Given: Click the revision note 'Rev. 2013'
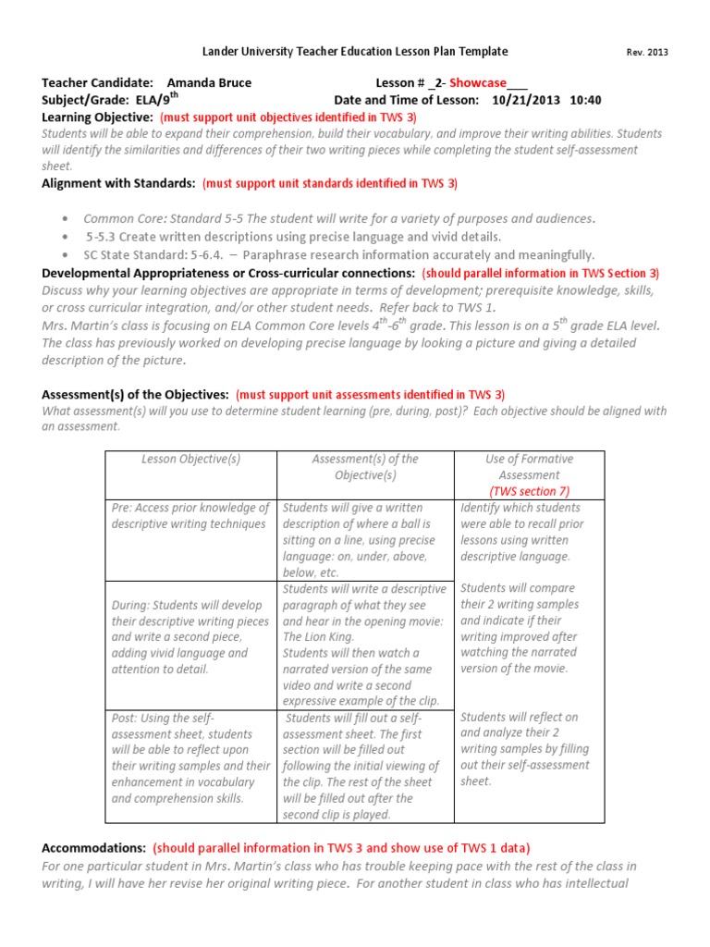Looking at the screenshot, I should pyautogui.click(x=646, y=53).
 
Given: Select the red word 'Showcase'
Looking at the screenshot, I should pyautogui.click(x=477, y=82).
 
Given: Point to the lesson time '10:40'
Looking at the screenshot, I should pyautogui.click(x=586, y=100).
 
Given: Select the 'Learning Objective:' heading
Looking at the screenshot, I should pyautogui.click(x=97, y=117).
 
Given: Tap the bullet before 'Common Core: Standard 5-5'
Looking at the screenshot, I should pyautogui.click(x=64, y=219).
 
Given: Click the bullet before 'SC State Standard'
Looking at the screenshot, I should pyautogui.click(x=64, y=255).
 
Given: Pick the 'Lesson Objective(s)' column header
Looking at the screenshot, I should pyautogui.click(x=190, y=459).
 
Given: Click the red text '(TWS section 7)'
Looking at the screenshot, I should pyautogui.click(x=530, y=491).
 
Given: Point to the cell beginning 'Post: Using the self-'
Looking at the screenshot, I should pyautogui.click(x=190, y=758).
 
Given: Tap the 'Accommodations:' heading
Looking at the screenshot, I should pyautogui.click(x=94, y=848).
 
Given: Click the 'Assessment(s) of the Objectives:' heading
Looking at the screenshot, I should pyautogui.click(x=135, y=395).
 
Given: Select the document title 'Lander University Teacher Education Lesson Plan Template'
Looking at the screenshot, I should pyautogui.click(x=355, y=52).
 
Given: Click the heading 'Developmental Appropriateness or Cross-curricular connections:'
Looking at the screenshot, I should pyautogui.click(x=228, y=274).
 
